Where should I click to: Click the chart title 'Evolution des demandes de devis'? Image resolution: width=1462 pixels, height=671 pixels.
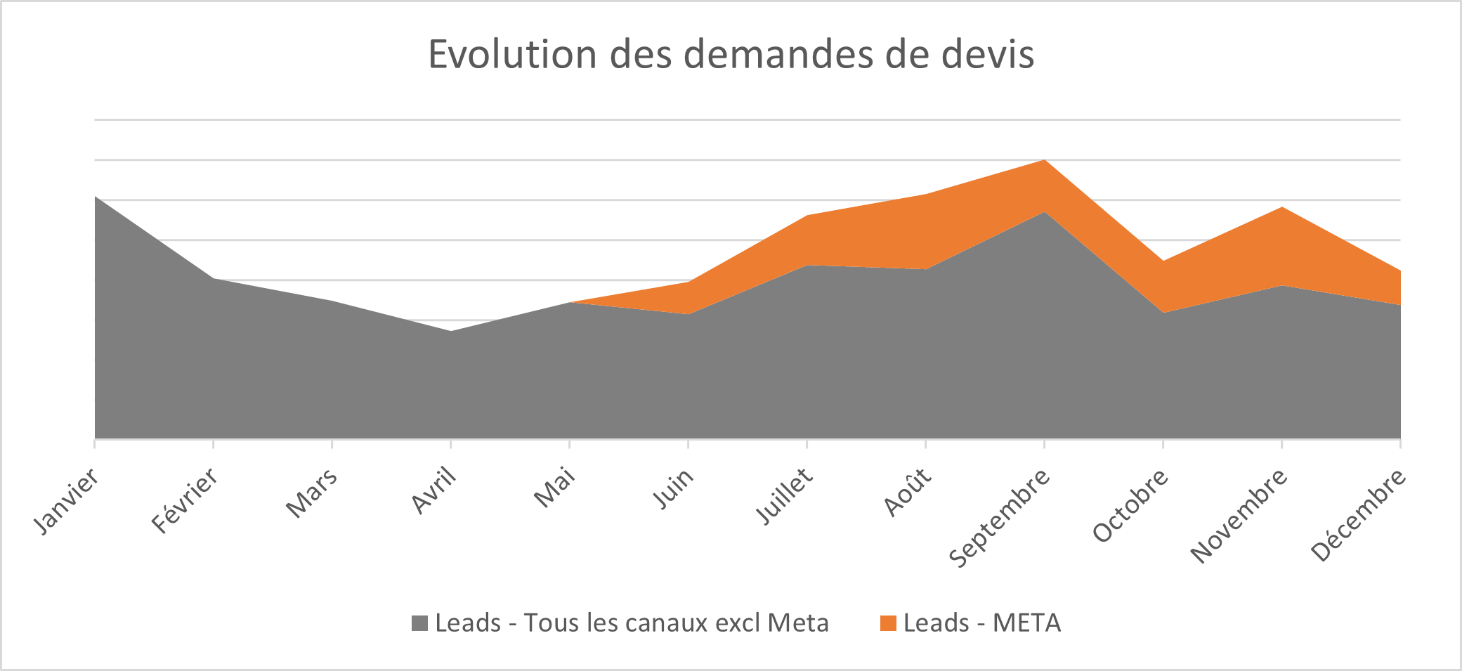coord(731,55)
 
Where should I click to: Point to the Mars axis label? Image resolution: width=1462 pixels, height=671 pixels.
coord(312,493)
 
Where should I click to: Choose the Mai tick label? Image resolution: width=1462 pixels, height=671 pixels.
coord(555,487)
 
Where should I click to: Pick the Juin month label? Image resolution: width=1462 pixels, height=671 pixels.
coord(674,488)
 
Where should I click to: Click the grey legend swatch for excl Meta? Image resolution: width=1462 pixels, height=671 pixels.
coord(419,623)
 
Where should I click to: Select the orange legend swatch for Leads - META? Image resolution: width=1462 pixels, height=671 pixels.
coord(888,623)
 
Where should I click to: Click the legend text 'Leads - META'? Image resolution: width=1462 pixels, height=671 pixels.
coord(981,623)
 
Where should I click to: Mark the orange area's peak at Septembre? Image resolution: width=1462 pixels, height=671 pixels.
coord(1045,162)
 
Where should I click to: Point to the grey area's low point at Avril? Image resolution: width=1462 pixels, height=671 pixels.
coord(450,332)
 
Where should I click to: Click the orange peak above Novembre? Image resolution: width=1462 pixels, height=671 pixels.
coord(1282,209)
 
